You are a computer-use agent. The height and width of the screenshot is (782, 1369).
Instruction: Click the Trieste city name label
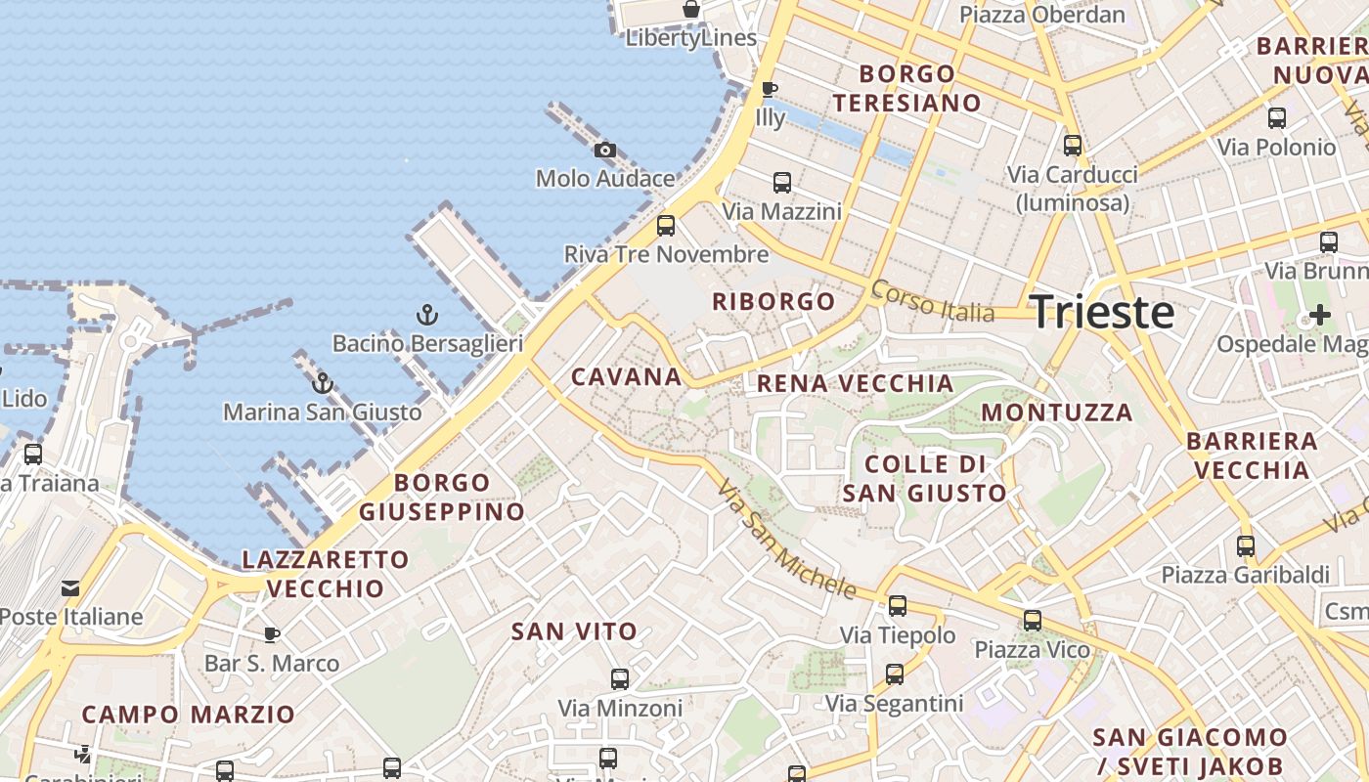coord(1102,312)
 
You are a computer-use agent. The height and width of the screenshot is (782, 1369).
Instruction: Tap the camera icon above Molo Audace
coord(605,150)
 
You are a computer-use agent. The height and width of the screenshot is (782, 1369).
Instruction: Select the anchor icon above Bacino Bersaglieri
coord(426,315)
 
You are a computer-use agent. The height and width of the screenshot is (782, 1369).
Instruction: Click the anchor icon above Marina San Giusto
coord(323,383)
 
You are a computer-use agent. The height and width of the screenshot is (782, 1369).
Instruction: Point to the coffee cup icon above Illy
coord(770,89)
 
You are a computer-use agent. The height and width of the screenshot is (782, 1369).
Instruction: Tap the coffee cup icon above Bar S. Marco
coord(272,634)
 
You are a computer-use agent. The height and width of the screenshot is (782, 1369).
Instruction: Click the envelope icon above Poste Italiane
coord(70,588)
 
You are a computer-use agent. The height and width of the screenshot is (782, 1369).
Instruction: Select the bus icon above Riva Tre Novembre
coord(666,226)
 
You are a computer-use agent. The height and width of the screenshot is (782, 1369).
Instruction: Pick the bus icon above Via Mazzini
coord(781,183)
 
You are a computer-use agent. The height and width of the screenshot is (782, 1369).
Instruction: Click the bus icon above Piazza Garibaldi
coord(1245,546)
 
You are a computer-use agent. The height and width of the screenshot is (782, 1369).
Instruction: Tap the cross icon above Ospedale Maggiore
coord(1320,315)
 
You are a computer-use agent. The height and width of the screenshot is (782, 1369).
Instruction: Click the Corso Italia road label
coord(932,301)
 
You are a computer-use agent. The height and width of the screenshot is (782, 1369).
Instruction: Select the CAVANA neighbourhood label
coord(626,376)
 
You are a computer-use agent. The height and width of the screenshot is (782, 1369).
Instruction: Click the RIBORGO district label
coord(773,301)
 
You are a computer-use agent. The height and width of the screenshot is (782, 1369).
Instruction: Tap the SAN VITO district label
coord(574,631)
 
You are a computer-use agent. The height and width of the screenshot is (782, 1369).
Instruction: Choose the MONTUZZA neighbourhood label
coord(1057,413)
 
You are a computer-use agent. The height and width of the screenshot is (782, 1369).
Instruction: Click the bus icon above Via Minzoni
coord(619,679)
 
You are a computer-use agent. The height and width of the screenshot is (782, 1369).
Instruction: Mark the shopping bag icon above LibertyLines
coord(691,10)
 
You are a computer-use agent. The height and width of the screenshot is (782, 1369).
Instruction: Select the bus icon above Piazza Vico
coord(1032,621)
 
